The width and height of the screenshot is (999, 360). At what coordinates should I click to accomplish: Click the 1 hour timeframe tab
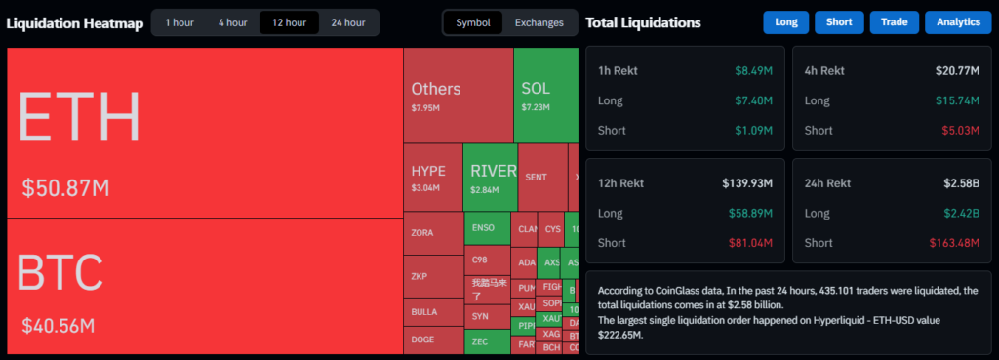179,22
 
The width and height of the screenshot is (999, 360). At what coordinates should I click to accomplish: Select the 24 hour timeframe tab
348,22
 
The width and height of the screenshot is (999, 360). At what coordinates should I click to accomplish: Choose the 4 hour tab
232,22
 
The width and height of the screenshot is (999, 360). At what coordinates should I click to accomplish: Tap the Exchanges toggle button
539,22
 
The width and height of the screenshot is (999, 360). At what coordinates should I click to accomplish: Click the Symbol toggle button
473,22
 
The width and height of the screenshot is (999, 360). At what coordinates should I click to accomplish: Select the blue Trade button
894,22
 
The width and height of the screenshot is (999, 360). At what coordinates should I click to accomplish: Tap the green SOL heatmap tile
545,96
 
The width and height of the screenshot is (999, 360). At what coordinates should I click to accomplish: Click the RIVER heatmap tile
490,178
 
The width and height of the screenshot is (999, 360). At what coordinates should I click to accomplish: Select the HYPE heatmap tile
432,178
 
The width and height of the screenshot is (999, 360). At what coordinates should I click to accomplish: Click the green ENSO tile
487,228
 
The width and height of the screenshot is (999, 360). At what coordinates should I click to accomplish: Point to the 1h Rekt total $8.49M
753,70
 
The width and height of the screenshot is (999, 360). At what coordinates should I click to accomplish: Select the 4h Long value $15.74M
957,100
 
